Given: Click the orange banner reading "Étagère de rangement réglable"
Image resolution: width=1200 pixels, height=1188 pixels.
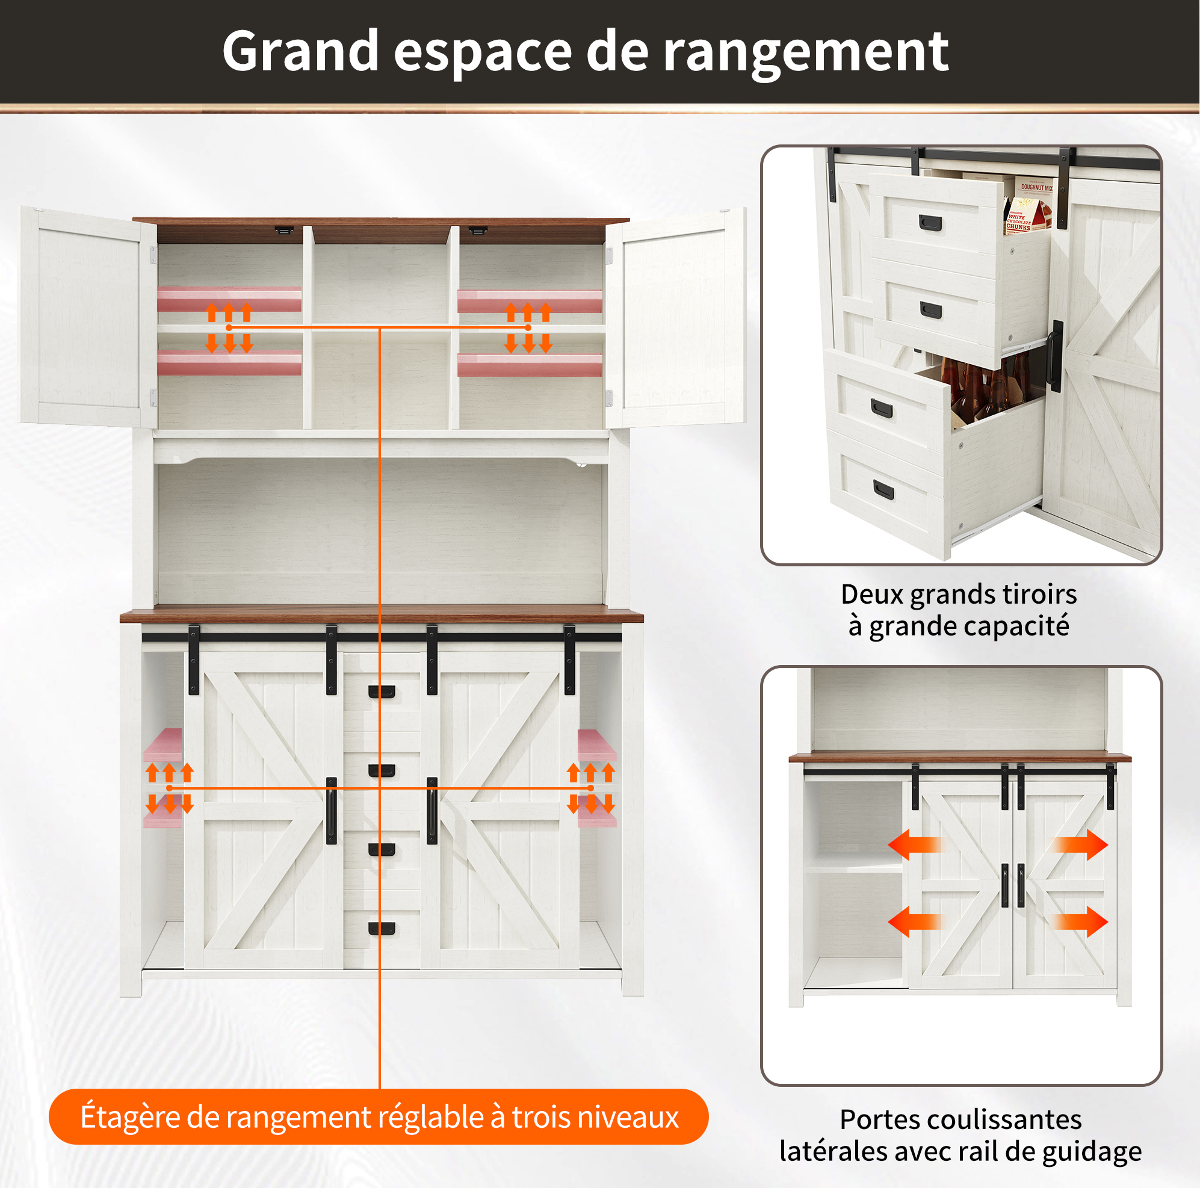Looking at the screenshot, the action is pyautogui.click(x=379, y=1116).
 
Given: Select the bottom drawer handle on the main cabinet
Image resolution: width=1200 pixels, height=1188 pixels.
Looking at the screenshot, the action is pyautogui.click(x=382, y=929).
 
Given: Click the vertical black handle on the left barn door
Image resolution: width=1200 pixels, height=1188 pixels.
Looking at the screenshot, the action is pyautogui.click(x=331, y=811).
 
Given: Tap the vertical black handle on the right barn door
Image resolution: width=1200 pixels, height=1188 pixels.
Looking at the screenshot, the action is pyautogui.click(x=432, y=811).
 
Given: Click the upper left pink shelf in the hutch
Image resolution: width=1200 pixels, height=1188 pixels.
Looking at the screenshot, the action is pyautogui.click(x=229, y=299).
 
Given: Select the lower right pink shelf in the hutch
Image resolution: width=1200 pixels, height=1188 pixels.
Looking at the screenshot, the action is pyautogui.click(x=530, y=365).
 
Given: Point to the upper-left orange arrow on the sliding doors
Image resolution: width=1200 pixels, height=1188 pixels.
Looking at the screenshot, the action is pyautogui.click(x=915, y=844).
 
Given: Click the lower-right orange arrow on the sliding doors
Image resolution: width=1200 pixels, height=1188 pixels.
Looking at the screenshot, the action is pyautogui.click(x=1081, y=921).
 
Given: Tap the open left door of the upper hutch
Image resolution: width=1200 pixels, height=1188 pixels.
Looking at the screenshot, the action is pyautogui.click(x=88, y=317).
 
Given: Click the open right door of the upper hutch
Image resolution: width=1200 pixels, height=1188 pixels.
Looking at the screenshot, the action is pyautogui.click(x=676, y=317).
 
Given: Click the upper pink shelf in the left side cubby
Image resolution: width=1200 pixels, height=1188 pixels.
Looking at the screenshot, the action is pyautogui.click(x=162, y=744).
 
